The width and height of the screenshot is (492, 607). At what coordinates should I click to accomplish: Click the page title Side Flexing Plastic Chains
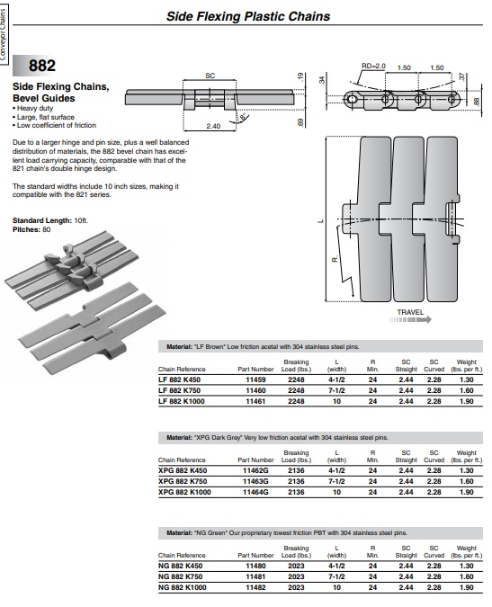pos(248,16)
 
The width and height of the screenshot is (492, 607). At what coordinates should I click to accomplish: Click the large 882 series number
pos(41,66)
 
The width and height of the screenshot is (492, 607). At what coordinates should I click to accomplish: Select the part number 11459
pos(255,379)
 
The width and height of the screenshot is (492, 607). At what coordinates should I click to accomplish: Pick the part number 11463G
pos(255,481)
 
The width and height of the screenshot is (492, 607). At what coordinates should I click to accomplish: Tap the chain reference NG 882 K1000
pos(182,587)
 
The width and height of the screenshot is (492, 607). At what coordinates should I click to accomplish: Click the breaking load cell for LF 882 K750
pos(296,390)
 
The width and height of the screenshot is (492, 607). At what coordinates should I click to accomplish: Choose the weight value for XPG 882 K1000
pos(467,492)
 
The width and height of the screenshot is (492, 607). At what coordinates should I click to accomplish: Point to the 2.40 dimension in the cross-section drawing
pos(213,126)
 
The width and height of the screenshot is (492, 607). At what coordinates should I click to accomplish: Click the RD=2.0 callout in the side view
pos(373,66)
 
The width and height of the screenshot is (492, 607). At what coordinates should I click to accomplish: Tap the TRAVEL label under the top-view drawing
pos(410,312)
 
